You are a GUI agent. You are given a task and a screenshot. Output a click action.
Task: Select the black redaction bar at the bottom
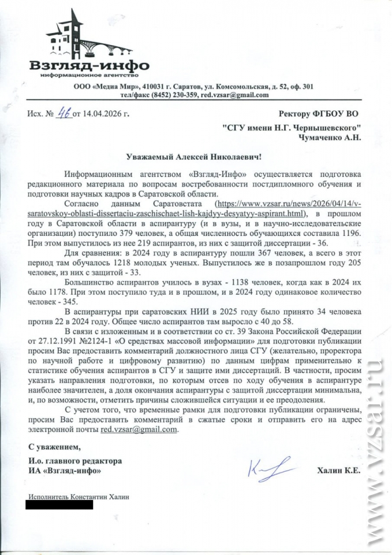[x=59, y=505]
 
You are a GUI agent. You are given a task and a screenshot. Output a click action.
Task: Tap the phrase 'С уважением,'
[x=51, y=447]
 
